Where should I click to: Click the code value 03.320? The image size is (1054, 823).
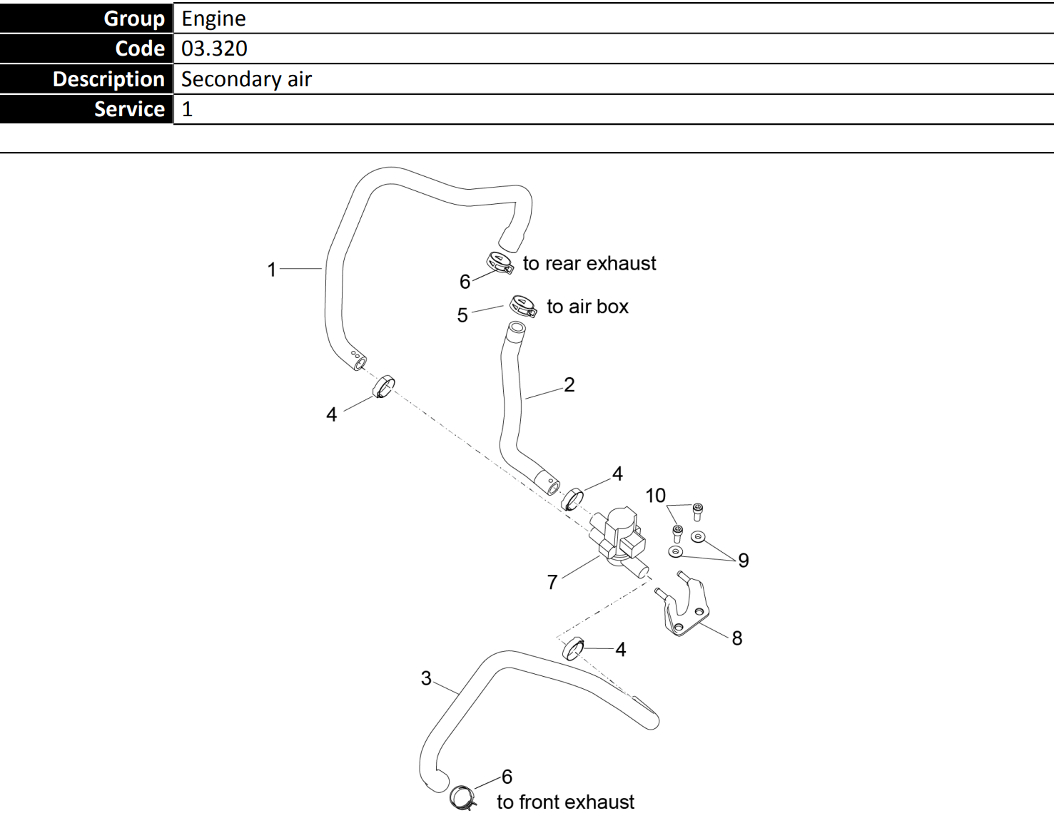click(x=214, y=48)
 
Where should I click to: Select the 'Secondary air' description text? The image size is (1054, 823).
click(x=246, y=79)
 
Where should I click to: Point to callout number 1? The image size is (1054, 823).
click(x=271, y=270)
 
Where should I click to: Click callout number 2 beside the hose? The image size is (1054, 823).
click(x=569, y=385)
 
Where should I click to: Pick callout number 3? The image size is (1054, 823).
click(x=426, y=678)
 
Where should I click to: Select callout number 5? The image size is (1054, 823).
click(x=462, y=315)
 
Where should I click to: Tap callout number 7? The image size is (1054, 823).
click(x=552, y=582)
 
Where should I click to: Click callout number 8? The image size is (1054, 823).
click(x=737, y=638)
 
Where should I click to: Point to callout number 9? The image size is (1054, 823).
click(x=744, y=561)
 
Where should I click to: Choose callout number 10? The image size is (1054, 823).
click(x=655, y=496)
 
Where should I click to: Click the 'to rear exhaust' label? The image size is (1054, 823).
click(x=589, y=264)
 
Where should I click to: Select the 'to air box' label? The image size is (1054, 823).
click(x=587, y=307)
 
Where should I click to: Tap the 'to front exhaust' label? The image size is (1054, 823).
click(x=565, y=802)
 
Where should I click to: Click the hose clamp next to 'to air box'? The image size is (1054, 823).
click(x=523, y=307)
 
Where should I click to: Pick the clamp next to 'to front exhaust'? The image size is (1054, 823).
click(x=462, y=797)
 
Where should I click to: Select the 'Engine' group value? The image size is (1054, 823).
click(x=213, y=19)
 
